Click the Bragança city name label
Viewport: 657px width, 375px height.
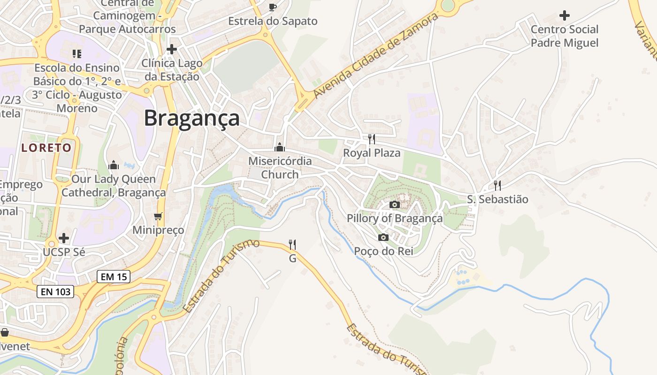[191, 118]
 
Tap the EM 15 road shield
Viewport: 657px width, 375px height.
[114, 277]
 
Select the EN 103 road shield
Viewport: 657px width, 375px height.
[55, 292]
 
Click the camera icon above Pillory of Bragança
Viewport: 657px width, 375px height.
[395, 204]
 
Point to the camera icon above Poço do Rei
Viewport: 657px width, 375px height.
[383, 237]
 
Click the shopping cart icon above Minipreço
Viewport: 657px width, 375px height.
[158, 216]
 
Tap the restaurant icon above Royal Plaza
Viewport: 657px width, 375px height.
[372, 139]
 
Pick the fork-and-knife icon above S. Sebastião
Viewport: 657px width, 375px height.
[497, 185]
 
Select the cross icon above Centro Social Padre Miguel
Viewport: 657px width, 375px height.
[565, 15]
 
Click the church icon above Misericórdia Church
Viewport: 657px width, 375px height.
[280, 147]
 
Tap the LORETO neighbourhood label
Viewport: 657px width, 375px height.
[46, 148]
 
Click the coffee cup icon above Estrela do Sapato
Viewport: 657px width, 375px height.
[273, 7]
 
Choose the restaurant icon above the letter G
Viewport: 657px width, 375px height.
[292, 244]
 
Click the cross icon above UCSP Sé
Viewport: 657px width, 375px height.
[64, 238]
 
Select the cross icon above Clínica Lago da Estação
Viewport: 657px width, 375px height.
[172, 49]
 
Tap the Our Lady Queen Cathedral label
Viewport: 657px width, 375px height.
[114, 186]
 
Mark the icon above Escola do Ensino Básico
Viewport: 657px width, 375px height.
[77, 54]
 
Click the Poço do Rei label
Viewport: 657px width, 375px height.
[383, 251]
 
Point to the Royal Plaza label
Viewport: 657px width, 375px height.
[372, 153]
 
